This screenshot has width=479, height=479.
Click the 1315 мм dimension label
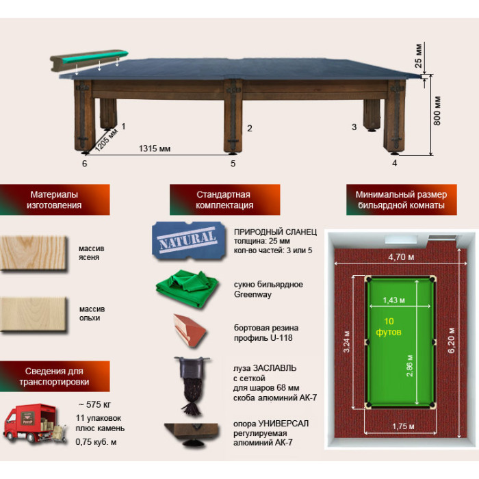pos(155,148)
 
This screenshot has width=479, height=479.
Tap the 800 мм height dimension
pos(437,111)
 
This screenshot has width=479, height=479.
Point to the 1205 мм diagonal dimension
pos(107,140)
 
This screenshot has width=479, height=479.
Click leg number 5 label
pos(233,164)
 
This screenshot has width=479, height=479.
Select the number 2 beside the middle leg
pos(250,129)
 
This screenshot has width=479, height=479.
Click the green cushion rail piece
pos(89,60)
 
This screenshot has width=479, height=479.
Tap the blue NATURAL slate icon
pos(189,241)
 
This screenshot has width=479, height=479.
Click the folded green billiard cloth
pos(187,288)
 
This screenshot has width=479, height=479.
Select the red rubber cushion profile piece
pos(190,331)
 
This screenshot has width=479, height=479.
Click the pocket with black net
pos(191,384)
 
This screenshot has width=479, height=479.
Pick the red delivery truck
pos(31,424)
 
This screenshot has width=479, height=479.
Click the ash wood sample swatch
pos(34,253)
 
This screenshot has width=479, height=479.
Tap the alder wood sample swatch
pos(34,314)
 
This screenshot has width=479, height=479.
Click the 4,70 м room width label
pos(401,257)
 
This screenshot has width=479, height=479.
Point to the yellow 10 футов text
pos(389,326)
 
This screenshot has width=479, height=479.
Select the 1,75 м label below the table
pos(403,426)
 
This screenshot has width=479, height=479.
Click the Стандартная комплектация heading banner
pos(225,200)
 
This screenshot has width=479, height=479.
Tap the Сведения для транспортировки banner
pos(55,376)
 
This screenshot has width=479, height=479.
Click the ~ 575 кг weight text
pos(94,404)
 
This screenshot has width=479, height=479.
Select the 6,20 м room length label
pos(451,340)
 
